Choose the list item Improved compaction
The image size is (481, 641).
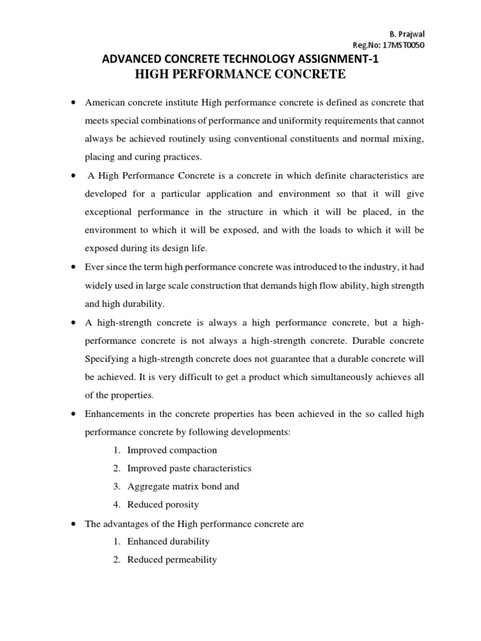click(172, 450)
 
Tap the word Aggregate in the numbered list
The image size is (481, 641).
click(147, 486)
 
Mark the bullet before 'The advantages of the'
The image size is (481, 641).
click(74, 523)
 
